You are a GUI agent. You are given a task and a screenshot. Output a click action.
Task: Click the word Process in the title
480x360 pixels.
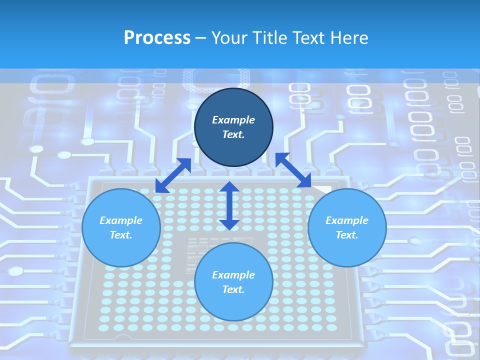[157, 38]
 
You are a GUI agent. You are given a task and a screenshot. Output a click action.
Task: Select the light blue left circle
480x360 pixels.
[121, 245]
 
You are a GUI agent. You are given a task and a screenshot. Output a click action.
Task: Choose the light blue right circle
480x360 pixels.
[347, 245]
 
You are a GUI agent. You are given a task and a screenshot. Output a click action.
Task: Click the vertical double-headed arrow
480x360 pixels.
[229, 205]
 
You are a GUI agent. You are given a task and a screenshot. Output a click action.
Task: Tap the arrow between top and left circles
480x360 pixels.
[173, 175]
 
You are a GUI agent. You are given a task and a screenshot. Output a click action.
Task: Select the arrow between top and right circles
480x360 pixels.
[293, 170]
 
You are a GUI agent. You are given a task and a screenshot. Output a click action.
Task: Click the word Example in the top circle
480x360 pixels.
[233, 120]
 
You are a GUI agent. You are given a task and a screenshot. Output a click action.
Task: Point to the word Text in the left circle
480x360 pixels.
[121, 235]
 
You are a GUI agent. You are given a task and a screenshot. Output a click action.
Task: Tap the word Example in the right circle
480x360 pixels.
[347, 220]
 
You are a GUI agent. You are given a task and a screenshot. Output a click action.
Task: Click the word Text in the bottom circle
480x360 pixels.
[233, 289]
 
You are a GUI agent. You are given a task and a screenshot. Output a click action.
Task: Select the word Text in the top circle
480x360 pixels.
[233, 134]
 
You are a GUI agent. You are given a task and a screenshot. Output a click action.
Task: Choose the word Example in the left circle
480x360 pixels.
[121, 220]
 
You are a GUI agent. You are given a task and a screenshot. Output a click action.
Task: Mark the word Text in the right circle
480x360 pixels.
[347, 235]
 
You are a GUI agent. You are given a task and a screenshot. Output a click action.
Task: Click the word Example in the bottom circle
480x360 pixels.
[233, 275]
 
